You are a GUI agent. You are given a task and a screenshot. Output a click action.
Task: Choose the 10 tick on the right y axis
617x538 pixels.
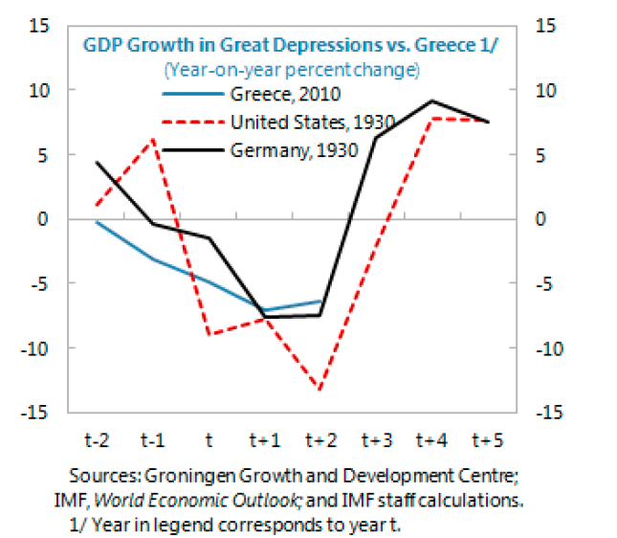[x=546, y=90]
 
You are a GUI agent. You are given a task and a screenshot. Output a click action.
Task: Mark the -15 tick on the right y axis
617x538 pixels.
[x=550, y=413]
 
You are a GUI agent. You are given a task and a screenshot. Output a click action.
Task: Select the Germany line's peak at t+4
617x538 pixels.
[x=432, y=101]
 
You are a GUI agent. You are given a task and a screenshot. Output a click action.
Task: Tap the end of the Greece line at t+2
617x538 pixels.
[x=320, y=302]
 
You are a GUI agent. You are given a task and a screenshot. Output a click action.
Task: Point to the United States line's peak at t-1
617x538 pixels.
[x=153, y=140]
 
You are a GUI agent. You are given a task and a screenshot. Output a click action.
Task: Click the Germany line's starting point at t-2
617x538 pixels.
[x=98, y=162]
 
